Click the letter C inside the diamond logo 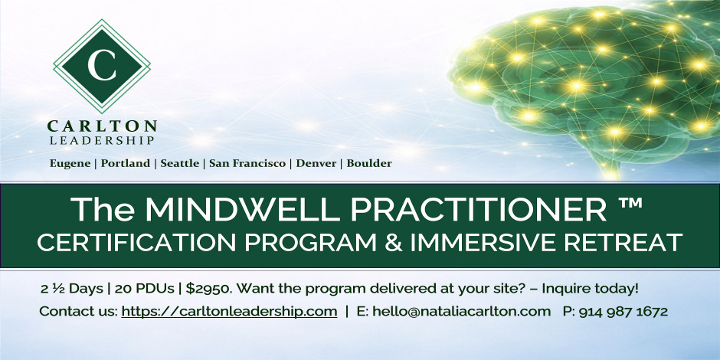102,66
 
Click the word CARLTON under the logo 102,126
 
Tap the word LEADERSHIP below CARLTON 102,141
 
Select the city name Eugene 70,164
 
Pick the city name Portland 126,163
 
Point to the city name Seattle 179,163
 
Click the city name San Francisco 247,163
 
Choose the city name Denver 316,163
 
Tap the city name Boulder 369,163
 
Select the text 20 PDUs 144,290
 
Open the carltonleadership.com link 229,312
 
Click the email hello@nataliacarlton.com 461,311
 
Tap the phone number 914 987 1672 623,312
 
